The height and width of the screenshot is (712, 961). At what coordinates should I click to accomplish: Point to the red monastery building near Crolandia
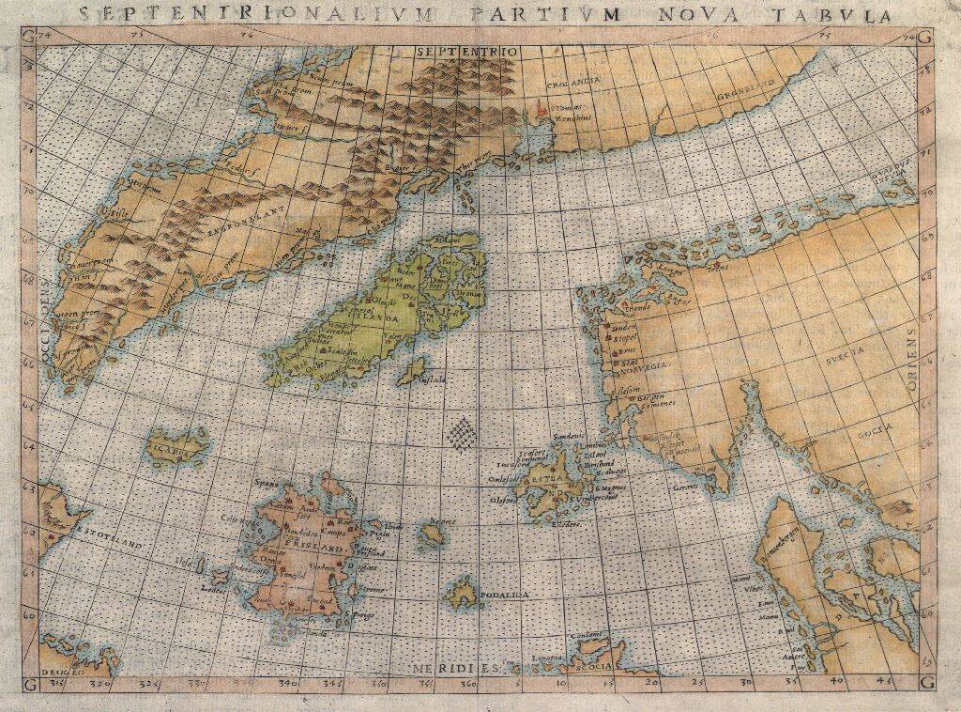[540, 111]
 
